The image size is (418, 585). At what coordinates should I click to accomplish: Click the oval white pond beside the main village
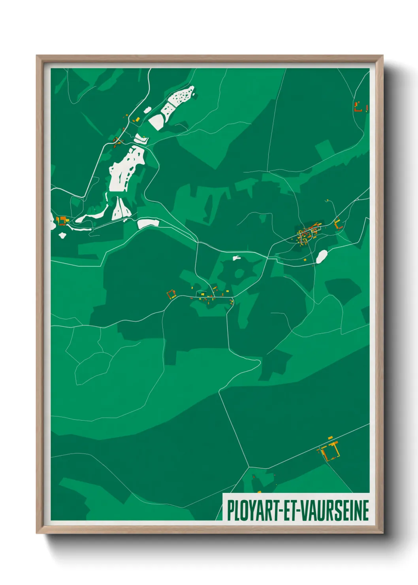tap(322, 257)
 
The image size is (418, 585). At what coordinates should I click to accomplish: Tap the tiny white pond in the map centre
tap(236, 258)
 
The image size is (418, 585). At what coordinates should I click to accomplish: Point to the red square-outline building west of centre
tap(171, 294)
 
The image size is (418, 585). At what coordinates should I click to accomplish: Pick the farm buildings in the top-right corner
tap(361, 107)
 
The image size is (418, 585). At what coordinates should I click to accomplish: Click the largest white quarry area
tap(126, 168)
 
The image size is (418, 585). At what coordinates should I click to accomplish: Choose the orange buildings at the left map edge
tap(61, 220)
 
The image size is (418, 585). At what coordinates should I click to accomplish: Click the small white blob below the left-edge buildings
tap(62, 236)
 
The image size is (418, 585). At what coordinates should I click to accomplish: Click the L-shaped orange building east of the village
tap(337, 225)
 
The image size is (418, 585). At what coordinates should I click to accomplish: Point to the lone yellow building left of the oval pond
tap(305, 260)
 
